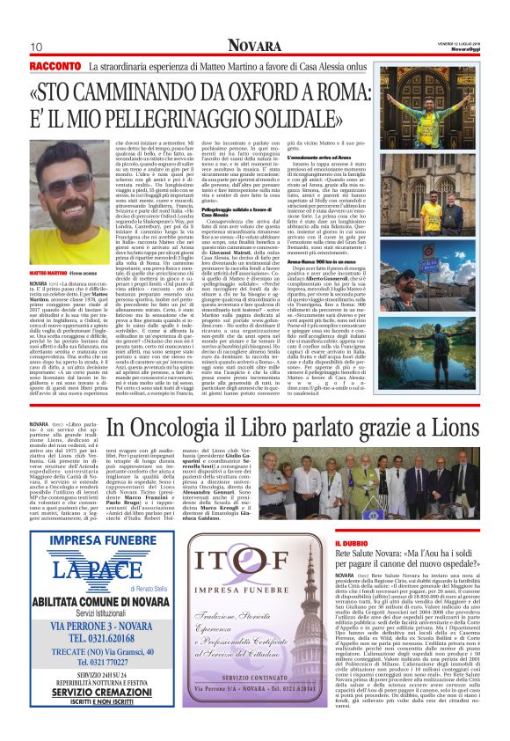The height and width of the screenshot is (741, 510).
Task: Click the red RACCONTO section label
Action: point(54,65)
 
